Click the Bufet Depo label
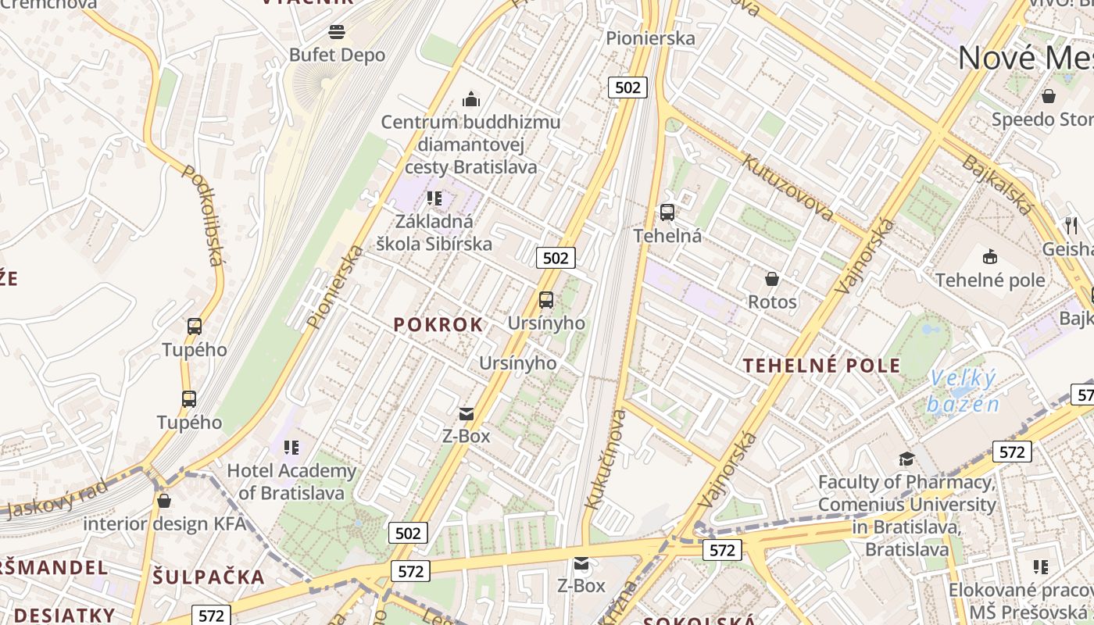(x=337, y=55)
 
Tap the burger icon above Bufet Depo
(x=337, y=32)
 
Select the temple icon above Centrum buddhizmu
(x=471, y=99)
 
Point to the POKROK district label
(x=438, y=324)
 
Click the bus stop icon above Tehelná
(x=667, y=212)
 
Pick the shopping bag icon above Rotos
(x=772, y=279)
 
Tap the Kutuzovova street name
(x=787, y=187)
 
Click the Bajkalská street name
(x=997, y=184)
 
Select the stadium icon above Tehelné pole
(x=989, y=256)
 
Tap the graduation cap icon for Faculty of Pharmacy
(x=906, y=459)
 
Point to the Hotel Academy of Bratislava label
(x=291, y=482)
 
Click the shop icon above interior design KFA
(x=164, y=501)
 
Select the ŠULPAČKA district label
(x=209, y=577)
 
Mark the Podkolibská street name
(x=204, y=215)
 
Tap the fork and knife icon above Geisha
(x=1071, y=226)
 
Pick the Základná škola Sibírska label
(x=434, y=232)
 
